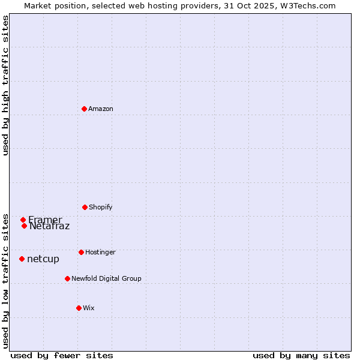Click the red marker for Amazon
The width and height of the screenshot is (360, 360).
(x=84, y=109)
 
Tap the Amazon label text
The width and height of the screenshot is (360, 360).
(x=100, y=109)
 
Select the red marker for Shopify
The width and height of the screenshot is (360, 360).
(x=85, y=207)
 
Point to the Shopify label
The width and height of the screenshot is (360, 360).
(x=100, y=207)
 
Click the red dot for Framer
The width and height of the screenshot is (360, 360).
(x=23, y=220)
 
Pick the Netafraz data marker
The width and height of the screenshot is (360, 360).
(x=24, y=226)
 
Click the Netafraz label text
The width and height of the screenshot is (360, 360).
(x=50, y=227)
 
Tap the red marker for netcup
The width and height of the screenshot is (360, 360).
(x=22, y=259)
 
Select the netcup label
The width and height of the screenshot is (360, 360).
(x=43, y=259)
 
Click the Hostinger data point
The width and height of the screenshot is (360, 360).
(x=81, y=252)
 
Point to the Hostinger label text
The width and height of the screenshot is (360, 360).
(x=100, y=252)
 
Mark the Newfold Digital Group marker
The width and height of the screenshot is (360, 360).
(x=67, y=278)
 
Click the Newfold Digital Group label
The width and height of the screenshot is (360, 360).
(x=106, y=278)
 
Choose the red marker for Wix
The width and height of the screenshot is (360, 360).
(x=79, y=308)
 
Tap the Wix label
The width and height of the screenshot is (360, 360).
(x=88, y=308)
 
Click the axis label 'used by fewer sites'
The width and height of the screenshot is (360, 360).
(x=62, y=355)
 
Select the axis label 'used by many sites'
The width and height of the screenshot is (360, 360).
(x=301, y=355)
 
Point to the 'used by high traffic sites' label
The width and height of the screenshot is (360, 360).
(x=6, y=85)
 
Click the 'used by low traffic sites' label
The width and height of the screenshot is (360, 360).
(x=6, y=280)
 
